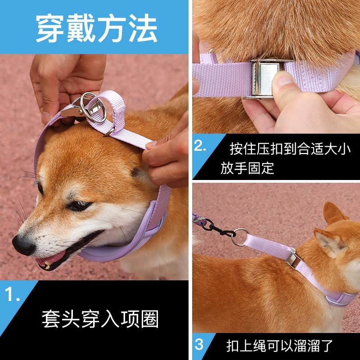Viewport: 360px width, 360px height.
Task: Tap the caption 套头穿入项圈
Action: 100,319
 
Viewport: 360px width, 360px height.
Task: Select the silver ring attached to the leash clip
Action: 239,237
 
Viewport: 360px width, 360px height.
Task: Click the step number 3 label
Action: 199,345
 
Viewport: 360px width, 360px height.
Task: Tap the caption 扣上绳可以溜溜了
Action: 279,346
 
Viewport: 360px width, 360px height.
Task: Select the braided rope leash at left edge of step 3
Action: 197,219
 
